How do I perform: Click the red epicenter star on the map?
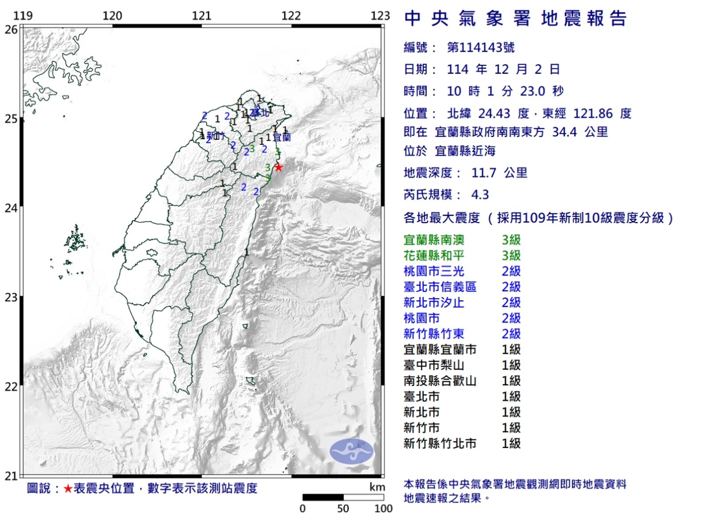tap(278, 167)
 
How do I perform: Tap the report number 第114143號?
tap(481, 47)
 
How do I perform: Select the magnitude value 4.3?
tap(480, 195)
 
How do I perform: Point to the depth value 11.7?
tap(483, 172)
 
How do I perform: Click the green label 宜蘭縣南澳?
tap(434, 240)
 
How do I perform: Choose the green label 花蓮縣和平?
tap(434, 255)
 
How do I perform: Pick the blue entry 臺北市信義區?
tap(440, 287)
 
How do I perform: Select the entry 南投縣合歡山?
tap(440, 381)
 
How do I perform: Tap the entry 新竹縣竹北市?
tap(440, 443)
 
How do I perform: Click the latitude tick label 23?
tap(11, 297)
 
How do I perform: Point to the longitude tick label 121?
tap(202, 16)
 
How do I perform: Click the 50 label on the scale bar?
tap(343, 508)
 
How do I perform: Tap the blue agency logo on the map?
tap(351, 451)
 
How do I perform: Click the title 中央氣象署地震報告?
tap(515, 19)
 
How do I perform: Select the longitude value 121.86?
tap(593, 113)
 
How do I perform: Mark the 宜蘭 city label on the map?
tap(281, 137)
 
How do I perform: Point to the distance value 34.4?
tap(564, 132)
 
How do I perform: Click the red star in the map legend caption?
tap(68, 488)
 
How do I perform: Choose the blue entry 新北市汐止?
tap(434, 302)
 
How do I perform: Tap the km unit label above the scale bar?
tap(377, 487)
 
